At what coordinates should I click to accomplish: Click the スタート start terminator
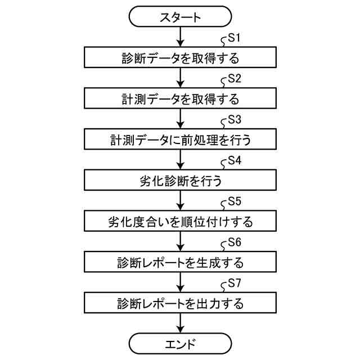180,17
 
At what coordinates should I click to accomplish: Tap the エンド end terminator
180,343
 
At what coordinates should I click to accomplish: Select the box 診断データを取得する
180,58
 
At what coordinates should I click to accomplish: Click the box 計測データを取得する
180,98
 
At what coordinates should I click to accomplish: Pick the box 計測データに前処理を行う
180,139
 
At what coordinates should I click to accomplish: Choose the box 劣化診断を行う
180,180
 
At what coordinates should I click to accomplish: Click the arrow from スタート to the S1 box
180,37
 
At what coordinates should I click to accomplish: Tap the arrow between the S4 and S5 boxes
180,200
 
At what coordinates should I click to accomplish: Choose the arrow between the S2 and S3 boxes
180,119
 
